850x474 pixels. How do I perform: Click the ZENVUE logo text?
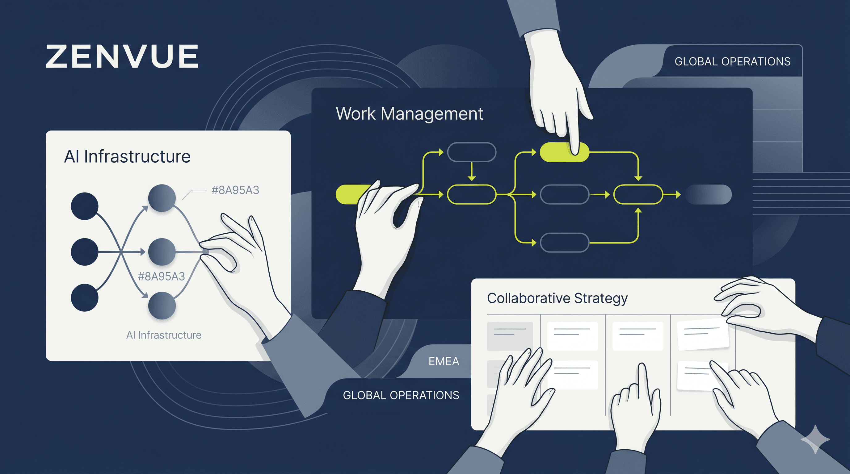tap(122, 56)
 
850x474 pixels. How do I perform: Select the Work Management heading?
tap(409, 114)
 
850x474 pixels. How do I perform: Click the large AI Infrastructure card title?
tap(127, 156)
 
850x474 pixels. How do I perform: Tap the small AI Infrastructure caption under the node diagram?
tap(164, 335)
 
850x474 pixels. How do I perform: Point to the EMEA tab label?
tap(444, 362)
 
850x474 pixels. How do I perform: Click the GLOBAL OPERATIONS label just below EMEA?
tap(401, 395)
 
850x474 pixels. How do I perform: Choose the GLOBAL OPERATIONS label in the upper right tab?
tap(733, 62)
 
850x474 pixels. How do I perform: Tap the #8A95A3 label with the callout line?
tap(235, 190)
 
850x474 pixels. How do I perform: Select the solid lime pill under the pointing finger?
tap(564, 152)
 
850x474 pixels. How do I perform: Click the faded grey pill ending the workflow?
tap(709, 194)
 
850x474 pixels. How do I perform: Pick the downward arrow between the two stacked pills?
tap(472, 171)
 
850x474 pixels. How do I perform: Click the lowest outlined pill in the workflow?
tap(565, 243)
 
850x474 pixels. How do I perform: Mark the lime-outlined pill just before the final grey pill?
tap(638, 194)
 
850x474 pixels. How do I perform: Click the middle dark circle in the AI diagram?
tap(84, 252)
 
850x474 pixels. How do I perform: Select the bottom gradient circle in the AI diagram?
tap(162, 306)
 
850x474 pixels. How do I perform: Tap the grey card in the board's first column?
tap(510, 336)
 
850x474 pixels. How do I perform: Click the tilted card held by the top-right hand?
tap(702, 334)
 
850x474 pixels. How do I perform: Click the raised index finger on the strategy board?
tap(642, 379)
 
